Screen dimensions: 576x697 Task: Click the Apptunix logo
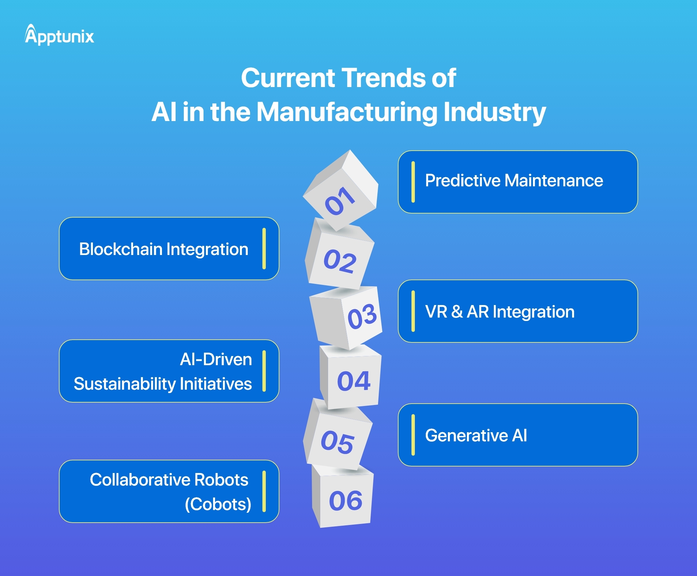point(59,35)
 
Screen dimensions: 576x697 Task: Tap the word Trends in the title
point(384,78)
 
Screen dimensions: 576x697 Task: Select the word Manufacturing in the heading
point(347,112)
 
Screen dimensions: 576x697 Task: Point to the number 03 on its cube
point(362,317)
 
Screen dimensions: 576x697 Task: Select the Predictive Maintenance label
point(514,181)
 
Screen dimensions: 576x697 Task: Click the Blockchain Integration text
point(164,249)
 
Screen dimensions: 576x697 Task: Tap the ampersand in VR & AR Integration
point(457,312)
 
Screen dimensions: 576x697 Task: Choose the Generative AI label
point(476,436)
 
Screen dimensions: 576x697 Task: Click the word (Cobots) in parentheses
point(218,504)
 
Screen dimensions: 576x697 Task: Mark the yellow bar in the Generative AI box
point(413,435)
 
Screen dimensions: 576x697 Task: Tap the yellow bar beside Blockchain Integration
point(264,249)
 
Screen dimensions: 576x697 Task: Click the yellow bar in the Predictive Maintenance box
point(413,182)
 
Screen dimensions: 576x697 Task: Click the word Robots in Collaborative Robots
point(221,480)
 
